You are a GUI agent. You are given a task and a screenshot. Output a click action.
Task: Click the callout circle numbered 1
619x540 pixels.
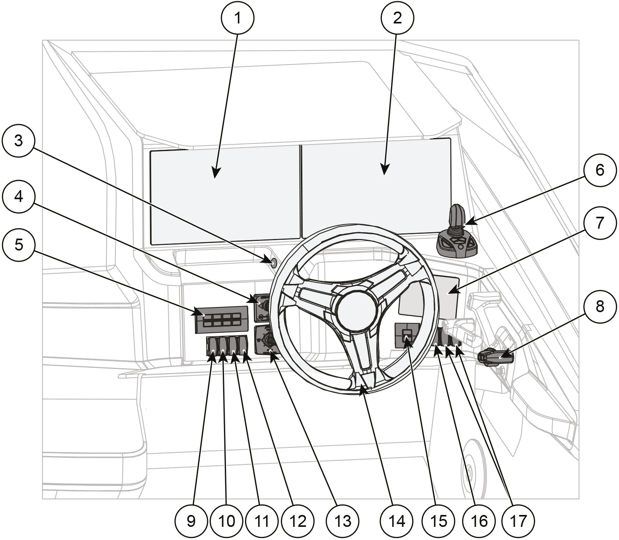click(237, 18)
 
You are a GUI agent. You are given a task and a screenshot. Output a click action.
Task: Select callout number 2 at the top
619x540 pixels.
click(397, 18)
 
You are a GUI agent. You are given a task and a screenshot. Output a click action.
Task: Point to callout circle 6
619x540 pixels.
click(600, 170)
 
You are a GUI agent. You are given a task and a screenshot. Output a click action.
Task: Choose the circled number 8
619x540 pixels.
click(600, 307)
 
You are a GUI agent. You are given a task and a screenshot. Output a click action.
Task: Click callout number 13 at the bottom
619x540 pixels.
click(343, 521)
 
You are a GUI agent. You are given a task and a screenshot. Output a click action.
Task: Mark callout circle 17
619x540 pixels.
click(518, 521)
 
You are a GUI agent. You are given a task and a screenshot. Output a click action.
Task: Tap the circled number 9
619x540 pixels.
click(191, 521)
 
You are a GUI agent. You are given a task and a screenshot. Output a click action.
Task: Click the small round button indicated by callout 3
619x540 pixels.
click(273, 262)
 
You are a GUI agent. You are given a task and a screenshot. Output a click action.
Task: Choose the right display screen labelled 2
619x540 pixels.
click(376, 191)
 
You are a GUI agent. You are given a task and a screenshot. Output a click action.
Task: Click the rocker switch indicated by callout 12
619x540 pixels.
click(243, 345)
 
